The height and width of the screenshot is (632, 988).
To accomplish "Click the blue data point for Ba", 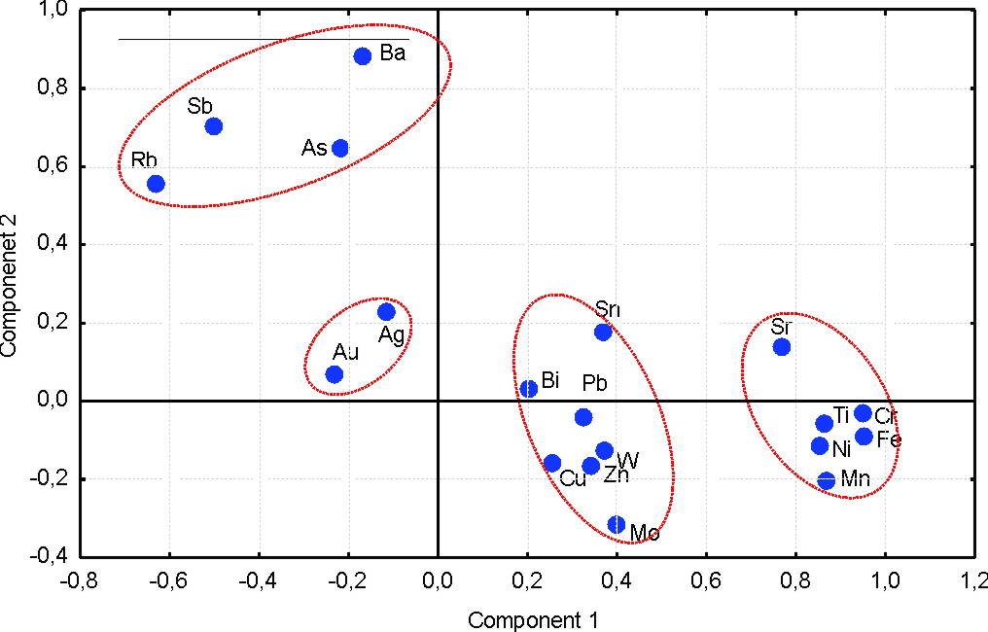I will (x=363, y=56).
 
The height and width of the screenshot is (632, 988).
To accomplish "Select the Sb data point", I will (x=214, y=126).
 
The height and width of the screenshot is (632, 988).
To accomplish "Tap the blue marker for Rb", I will (x=156, y=184).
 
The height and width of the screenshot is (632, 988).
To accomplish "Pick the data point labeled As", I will (x=340, y=149).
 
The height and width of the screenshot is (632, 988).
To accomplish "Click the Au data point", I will (x=335, y=374).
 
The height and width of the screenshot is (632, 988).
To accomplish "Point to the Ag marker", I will (x=386, y=312).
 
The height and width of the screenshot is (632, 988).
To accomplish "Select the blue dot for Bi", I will (x=529, y=389).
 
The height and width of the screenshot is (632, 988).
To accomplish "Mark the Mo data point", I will (x=617, y=524).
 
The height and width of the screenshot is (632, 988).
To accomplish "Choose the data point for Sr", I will (x=782, y=347).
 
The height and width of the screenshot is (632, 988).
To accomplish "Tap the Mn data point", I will (x=827, y=480).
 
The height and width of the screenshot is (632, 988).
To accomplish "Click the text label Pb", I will (x=595, y=383).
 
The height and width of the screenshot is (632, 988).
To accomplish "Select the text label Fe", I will (x=889, y=439).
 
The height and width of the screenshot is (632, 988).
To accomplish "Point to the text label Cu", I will (x=573, y=478).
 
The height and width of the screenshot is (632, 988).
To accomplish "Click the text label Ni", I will (x=841, y=449).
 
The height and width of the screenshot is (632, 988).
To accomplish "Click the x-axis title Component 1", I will (x=533, y=619).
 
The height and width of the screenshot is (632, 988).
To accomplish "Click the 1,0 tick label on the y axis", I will (x=52, y=11).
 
